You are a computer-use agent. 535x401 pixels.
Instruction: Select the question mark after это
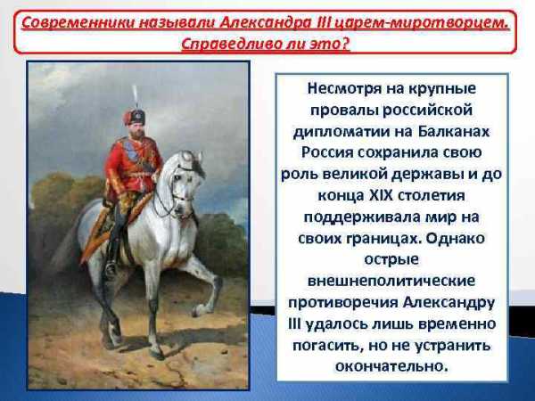(x=345, y=45)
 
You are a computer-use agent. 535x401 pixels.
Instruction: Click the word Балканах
(x=454, y=131)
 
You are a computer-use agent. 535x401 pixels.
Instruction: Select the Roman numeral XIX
(x=382, y=195)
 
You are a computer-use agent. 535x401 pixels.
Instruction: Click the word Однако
(x=455, y=238)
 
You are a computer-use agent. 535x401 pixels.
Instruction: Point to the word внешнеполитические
(x=391, y=281)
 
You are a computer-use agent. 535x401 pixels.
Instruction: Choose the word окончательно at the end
(x=391, y=366)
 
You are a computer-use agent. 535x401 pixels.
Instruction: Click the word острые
(x=391, y=260)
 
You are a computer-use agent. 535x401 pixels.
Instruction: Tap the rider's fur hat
(x=134, y=117)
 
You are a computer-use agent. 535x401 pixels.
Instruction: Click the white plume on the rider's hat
(x=136, y=96)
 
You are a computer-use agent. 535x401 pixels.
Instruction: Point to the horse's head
(x=185, y=181)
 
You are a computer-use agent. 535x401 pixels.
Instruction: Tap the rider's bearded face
(x=137, y=130)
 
